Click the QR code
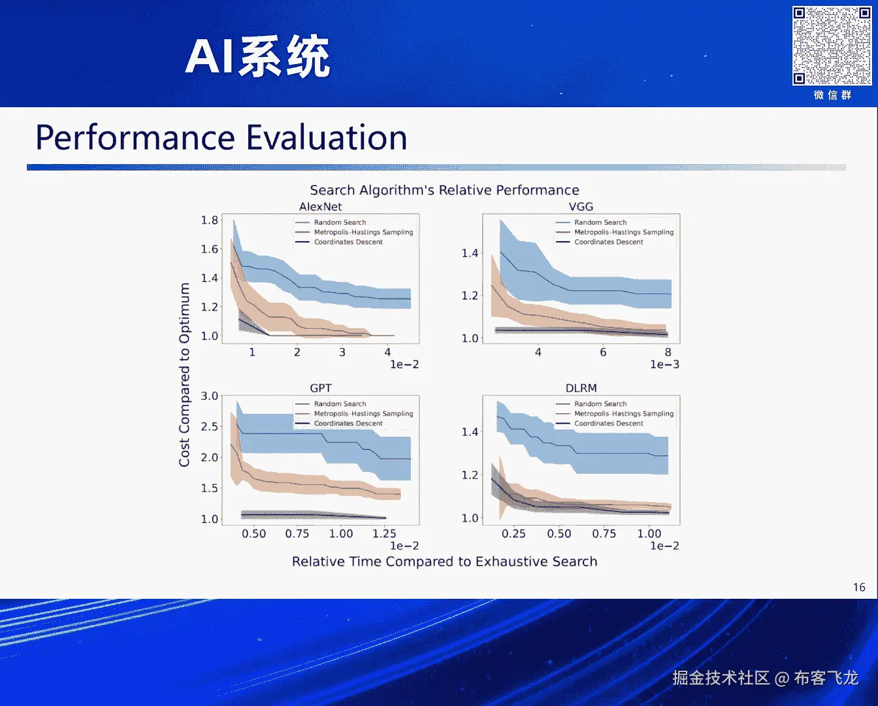click(832, 46)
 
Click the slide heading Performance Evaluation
click(221, 138)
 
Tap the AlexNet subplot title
click(320, 207)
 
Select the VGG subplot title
click(581, 207)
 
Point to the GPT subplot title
click(320, 388)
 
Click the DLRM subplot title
click(581, 388)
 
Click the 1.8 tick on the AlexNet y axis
click(210, 220)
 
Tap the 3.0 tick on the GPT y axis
click(210, 396)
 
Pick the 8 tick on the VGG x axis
click(668, 352)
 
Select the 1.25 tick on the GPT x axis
click(384, 533)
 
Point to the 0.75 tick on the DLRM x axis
click(604, 533)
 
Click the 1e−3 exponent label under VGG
click(664, 365)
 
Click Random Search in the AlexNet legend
click(340, 222)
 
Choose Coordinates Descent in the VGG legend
click(608, 242)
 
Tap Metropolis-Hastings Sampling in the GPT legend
click(363, 414)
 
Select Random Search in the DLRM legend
click(600, 404)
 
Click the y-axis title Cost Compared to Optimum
click(185, 375)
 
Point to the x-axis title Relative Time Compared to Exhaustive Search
click(444, 562)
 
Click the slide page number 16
click(859, 587)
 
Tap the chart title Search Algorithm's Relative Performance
click(444, 190)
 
